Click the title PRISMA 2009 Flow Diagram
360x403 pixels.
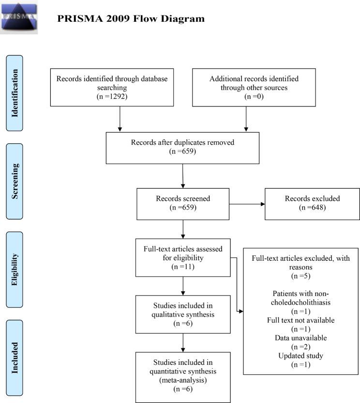click(x=131, y=19)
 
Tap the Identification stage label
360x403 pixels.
click(x=15, y=93)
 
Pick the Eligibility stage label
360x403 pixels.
click(x=15, y=266)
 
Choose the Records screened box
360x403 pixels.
click(x=183, y=203)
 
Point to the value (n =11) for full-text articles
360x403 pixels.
click(x=183, y=267)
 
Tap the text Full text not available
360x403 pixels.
click(x=300, y=320)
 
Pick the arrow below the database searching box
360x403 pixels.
click(x=120, y=118)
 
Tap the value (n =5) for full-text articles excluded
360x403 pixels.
click(x=300, y=277)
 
